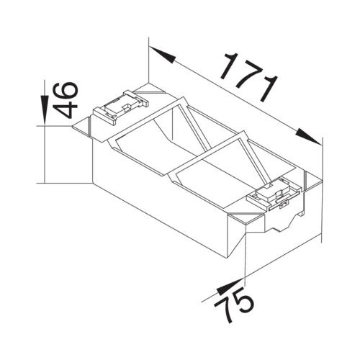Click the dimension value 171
[x=250, y=76]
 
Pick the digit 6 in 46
[x=66, y=91]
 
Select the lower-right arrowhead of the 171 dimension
[x=309, y=138]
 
